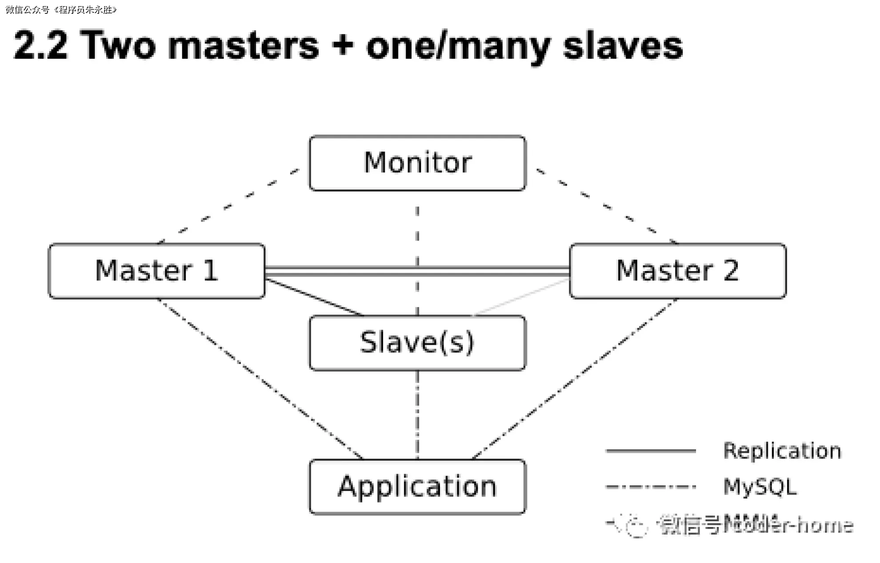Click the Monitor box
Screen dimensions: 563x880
click(x=417, y=163)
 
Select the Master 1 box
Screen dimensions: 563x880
click(x=156, y=271)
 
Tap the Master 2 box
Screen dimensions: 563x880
click(x=677, y=271)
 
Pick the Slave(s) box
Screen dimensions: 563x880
click(x=417, y=343)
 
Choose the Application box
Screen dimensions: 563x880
click(x=417, y=487)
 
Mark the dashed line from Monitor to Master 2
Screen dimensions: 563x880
click(x=607, y=206)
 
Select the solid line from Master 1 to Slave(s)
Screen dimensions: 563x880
click(x=314, y=297)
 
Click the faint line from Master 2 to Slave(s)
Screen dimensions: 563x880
click(x=521, y=297)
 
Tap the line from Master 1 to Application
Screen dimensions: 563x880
click(x=260, y=378)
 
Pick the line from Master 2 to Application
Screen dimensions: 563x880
click(x=574, y=378)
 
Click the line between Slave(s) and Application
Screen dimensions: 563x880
click(x=417, y=414)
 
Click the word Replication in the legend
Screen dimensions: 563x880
click(x=782, y=451)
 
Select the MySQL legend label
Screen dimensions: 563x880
click(x=760, y=487)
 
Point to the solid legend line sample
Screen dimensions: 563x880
click(x=650, y=451)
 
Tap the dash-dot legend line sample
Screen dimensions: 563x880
click(x=650, y=487)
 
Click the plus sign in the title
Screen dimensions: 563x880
click(x=342, y=44)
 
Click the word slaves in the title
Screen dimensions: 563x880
click(x=623, y=45)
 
